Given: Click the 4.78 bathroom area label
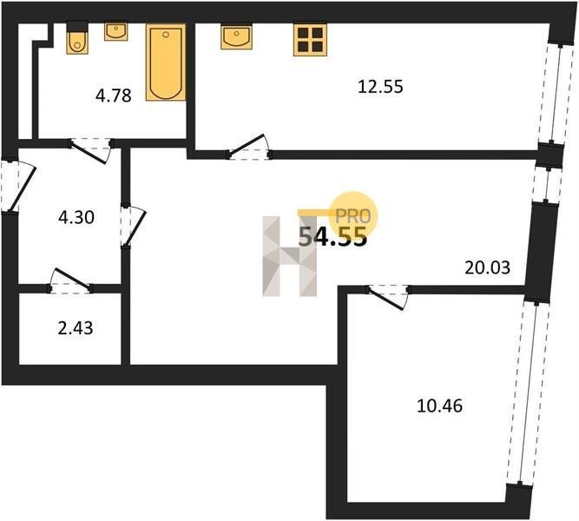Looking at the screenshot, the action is point(114,96).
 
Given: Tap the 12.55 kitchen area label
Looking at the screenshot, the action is point(381,87).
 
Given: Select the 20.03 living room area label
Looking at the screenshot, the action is point(488,267).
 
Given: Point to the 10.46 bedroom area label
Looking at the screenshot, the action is point(439,406).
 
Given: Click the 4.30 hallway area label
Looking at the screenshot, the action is point(76,217).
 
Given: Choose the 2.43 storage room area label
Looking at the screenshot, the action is point(76,327).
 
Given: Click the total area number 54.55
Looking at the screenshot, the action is point(332,236).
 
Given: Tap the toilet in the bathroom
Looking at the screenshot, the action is point(77,38).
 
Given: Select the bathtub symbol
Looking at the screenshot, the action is point(166,62).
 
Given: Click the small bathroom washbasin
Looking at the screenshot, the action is point(116,32).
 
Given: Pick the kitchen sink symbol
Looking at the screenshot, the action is point(236,36).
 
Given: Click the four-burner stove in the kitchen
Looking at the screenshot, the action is point(310,40).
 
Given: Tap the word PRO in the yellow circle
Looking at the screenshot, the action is point(352,216).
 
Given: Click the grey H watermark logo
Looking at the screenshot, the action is point(290,256).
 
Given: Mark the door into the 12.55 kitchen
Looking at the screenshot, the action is point(249,147).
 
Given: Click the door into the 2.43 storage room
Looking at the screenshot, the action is point(69,281).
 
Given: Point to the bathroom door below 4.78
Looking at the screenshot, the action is point(91,150).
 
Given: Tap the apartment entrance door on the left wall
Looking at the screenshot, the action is point(17,186).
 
